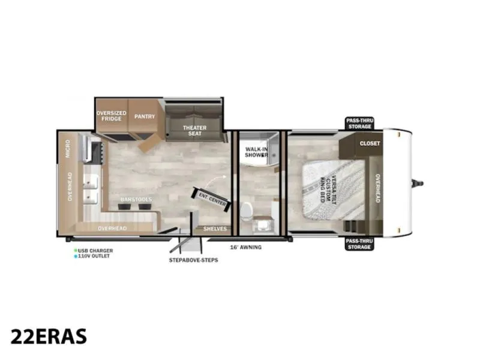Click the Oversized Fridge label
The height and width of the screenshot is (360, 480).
point(112,116)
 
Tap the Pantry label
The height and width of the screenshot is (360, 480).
point(145,116)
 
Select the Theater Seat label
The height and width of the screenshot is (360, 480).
point(194,130)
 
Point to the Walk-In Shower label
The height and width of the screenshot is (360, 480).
point(257,152)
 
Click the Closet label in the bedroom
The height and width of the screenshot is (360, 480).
point(370,143)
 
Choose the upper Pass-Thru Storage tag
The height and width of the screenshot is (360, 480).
point(359,124)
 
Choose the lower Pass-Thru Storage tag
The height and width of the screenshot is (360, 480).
point(359,244)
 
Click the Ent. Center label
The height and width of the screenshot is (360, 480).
point(212,199)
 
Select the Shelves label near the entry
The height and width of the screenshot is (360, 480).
point(215,229)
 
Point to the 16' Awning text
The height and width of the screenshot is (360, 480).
point(246,247)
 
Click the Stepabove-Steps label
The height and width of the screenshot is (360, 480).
point(193,260)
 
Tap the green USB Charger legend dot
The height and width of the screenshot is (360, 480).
point(76,250)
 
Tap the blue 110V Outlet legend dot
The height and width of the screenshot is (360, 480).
point(76,256)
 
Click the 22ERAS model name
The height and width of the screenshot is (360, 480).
point(49,337)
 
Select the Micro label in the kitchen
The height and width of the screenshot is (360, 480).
point(68,149)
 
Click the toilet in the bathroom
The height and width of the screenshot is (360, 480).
point(246,211)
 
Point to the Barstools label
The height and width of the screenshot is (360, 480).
point(136,199)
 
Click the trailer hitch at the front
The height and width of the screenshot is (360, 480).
point(417,184)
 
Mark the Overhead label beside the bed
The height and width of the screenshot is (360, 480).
point(378,188)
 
